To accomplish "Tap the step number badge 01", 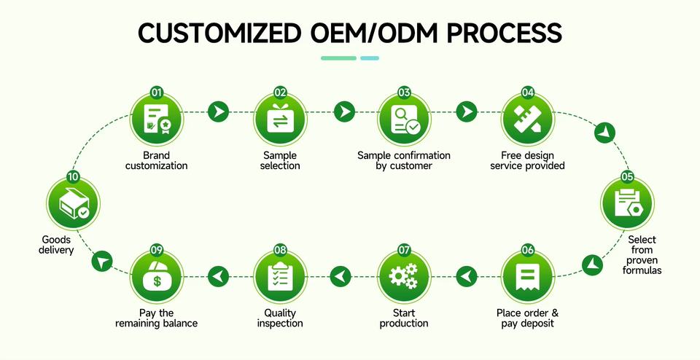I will pyautogui.click(x=156, y=93).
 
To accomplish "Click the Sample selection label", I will pyautogui.click(x=281, y=160).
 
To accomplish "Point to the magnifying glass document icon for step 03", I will pyautogui.click(x=404, y=119).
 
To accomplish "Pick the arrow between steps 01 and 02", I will pyautogui.click(x=217, y=111).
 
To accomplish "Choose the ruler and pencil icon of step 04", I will pyautogui.click(x=527, y=119).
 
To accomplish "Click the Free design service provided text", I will pyautogui.click(x=527, y=160).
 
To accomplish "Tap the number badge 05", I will pyautogui.click(x=627, y=176).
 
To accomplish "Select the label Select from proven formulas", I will pyautogui.click(x=641, y=255).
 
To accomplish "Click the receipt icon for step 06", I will pyautogui.click(x=527, y=276).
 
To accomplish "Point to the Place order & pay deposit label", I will pyautogui.click(x=527, y=318).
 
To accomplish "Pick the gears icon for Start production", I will pyautogui.click(x=404, y=276).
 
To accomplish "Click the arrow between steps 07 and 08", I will pyautogui.click(x=341, y=276).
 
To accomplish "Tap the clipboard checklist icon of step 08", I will pyautogui.click(x=281, y=276).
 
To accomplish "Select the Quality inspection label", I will pyautogui.click(x=281, y=318).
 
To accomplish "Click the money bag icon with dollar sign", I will pyautogui.click(x=156, y=276).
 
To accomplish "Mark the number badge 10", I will pyautogui.click(x=73, y=176).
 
